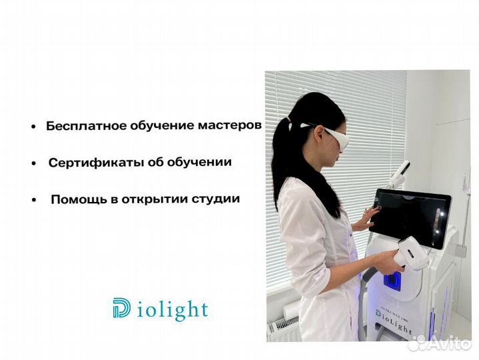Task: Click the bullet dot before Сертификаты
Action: click(x=33, y=163)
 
